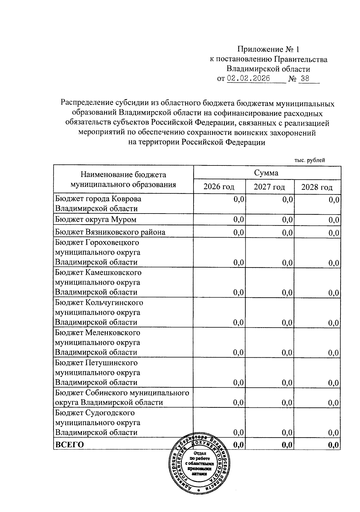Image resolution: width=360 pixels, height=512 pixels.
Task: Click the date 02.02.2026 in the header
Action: point(248,79)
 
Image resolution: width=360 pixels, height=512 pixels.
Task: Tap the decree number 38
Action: point(305,79)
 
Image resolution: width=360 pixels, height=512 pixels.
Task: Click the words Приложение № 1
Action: point(268,49)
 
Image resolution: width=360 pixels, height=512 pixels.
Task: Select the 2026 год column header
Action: point(219,187)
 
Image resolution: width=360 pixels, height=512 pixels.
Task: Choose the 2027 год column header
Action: point(269,187)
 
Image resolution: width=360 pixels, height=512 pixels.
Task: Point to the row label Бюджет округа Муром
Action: point(96,220)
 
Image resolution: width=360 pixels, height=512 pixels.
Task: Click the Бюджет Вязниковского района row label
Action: point(110,232)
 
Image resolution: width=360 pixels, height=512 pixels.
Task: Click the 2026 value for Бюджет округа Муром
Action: point(239,220)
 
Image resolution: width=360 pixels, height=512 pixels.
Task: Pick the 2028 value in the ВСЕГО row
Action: point(334,445)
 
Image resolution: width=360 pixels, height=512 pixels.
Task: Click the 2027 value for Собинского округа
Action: point(287,403)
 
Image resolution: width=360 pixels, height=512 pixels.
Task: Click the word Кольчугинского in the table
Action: point(114,302)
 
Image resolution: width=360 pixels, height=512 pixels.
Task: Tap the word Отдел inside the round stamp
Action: point(199,453)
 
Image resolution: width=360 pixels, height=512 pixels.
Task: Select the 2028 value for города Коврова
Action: point(334,200)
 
